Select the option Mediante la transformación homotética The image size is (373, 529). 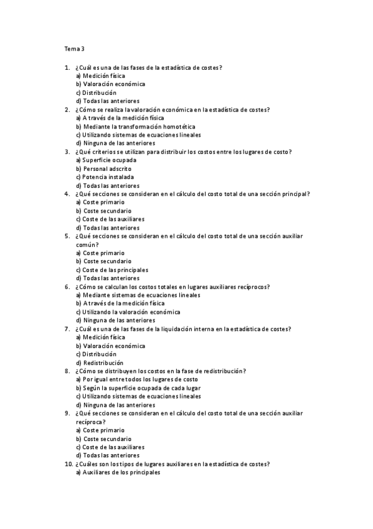pos(121,126)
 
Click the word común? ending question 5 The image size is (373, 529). pos(86,245)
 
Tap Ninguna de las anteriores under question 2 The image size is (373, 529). pos(115,143)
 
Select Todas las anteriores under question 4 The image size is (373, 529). pos(111,228)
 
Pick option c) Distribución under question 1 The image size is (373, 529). pos(100,92)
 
